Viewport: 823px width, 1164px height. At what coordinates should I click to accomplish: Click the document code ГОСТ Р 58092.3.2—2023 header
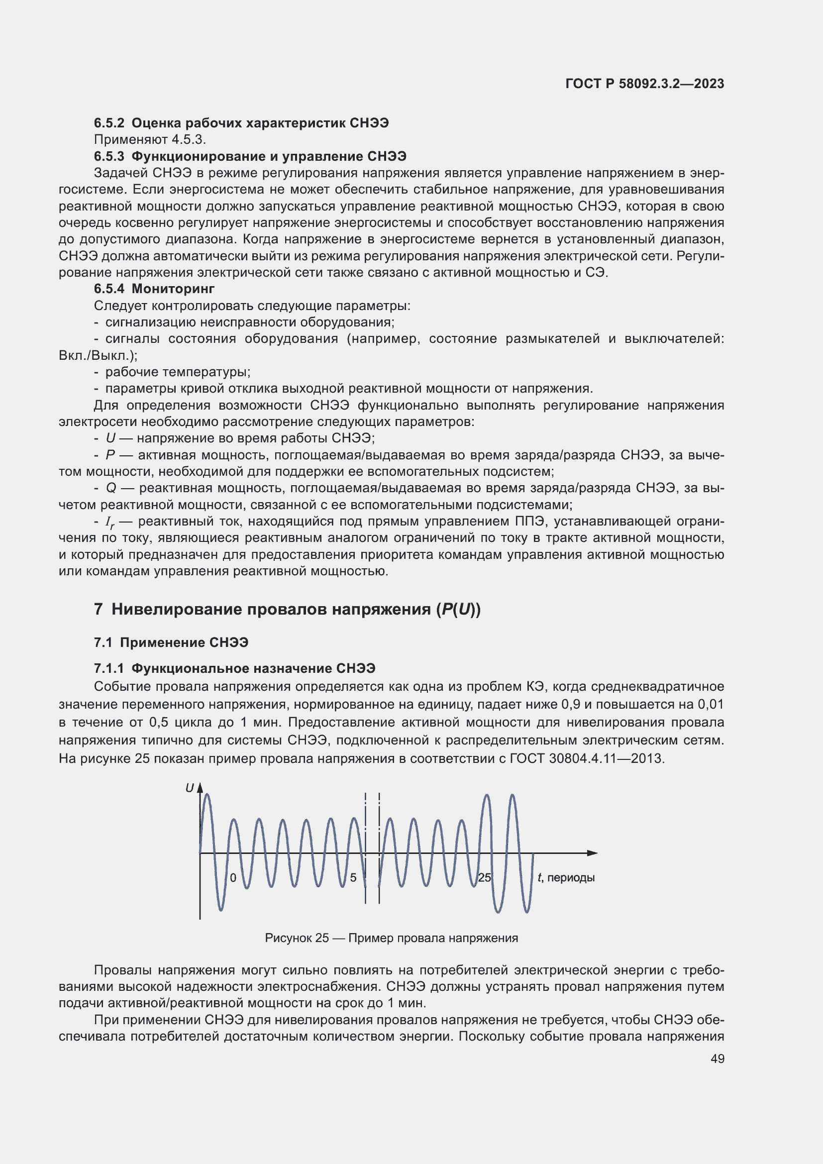click(644, 84)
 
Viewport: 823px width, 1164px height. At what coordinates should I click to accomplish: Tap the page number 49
click(717, 1058)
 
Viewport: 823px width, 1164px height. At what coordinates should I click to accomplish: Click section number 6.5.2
click(109, 123)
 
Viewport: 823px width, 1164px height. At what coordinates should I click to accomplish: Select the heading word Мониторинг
click(173, 289)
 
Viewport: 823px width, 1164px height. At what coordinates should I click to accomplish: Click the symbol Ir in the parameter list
click(109, 522)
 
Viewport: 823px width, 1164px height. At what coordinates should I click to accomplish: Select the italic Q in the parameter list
click(111, 488)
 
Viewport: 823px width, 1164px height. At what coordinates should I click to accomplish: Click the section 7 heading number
click(99, 610)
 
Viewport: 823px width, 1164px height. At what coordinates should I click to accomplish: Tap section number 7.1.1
click(109, 669)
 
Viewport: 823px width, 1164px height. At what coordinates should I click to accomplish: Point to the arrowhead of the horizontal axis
click(593, 853)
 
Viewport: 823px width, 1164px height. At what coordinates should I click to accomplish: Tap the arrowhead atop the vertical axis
click(200, 787)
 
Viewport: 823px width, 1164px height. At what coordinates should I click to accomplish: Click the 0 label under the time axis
click(233, 877)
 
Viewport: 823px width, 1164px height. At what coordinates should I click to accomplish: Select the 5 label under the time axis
click(353, 877)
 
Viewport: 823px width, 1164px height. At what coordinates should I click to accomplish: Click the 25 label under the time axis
click(485, 877)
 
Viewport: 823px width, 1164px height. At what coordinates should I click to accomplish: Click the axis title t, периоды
click(566, 877)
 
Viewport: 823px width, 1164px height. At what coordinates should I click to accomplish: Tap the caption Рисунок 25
click(297, 938)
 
